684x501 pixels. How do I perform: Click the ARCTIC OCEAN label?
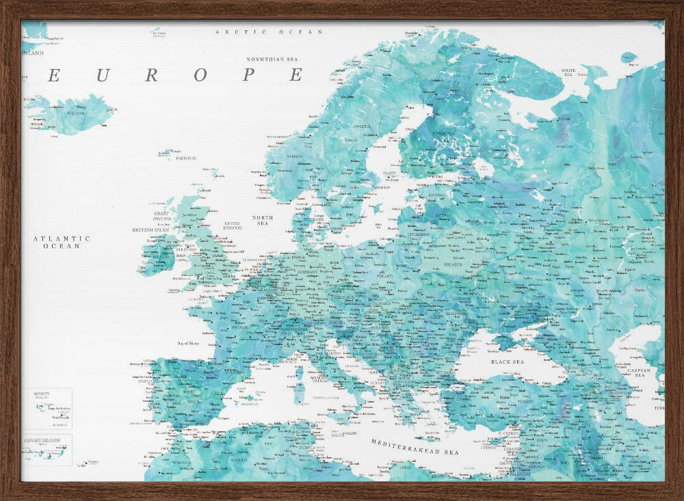[269, 32]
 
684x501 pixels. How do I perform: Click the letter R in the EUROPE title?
[152, 75]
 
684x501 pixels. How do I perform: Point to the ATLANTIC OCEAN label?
[62, 242]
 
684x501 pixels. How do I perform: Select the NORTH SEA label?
[262, 220]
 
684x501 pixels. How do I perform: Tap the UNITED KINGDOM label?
[232, 225]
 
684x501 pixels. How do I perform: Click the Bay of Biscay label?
[188, 343]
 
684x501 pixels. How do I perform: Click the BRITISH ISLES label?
[150, 230]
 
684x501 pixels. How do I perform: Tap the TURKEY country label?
[525, 403]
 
